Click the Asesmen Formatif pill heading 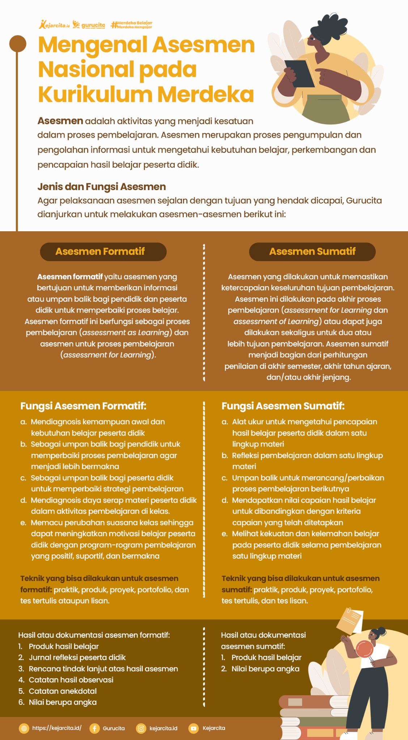pyautogui.click(x=103, y=251)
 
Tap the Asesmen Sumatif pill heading pyautogui.click(x=312, y=251)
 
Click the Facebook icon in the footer pyautogui.click(x=94, y=728)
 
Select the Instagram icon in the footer pyautogui.click(x=141, y=728)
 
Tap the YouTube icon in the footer pyautogui.click(x=194, y=728)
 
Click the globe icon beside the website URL pyautogui.click(x=24, y=728)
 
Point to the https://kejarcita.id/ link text pyautogui.click(x=57, y=728)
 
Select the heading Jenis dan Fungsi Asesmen pyautogui.click(x=102, y=187)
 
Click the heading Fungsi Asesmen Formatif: pyautogui.click(x=83, y=406)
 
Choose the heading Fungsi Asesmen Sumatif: pyautogui.click(x=283, y=406)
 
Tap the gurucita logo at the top pyautogui.click(x=89, y=25)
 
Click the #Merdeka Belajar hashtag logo pyautogui.click(x=132, y=25)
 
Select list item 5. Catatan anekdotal pyautogui.click(x=58, y=691)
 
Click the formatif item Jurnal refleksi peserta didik pyautogui.click(x=72, y=658)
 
